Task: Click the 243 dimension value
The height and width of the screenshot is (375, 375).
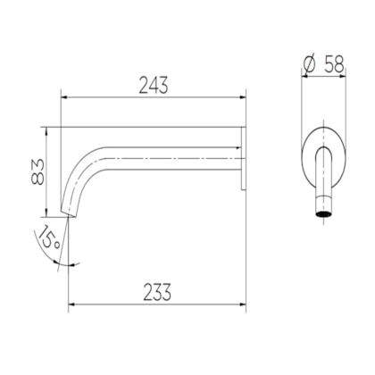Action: pos(154,85)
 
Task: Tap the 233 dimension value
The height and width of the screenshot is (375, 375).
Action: pos(157,292)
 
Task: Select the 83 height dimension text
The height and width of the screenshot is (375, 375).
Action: pos(37,171)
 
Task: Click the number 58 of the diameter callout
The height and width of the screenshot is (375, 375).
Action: pos(334,64)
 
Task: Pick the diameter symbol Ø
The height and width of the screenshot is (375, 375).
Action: pos(309,64)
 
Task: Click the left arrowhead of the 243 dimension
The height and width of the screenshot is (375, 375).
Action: pos(64,97)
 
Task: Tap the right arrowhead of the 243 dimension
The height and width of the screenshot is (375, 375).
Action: pos(243,97)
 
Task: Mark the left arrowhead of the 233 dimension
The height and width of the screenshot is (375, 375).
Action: pos(72,304)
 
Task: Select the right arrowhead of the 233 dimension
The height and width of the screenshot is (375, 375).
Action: pos(243,304)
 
